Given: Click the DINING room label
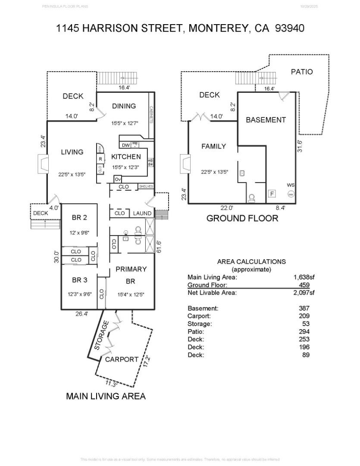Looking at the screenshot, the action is [x=124, y=106].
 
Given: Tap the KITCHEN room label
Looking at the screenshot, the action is [x=126, y=157].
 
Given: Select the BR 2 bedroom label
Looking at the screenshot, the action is [x=79, y=217].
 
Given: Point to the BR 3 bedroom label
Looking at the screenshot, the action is [x=79, y=280].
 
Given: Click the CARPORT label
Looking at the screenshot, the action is [x=122, y=359].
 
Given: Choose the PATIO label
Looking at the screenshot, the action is [x=302, y=72].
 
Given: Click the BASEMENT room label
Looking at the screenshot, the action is [x=266, y=120].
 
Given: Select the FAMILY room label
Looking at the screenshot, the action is [x=213, y=146].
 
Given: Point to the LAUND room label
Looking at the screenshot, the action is [x=142, y=213].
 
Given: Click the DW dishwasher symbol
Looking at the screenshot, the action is [x=126, y=145].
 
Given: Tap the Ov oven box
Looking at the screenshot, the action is [x=117, y=179].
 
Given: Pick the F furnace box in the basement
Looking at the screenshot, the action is [x=272, y=194].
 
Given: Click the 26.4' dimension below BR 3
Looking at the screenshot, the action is [x=82, y=314].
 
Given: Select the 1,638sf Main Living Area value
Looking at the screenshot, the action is [x=304, y=277].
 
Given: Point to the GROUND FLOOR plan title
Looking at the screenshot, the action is [x=242, y=218].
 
